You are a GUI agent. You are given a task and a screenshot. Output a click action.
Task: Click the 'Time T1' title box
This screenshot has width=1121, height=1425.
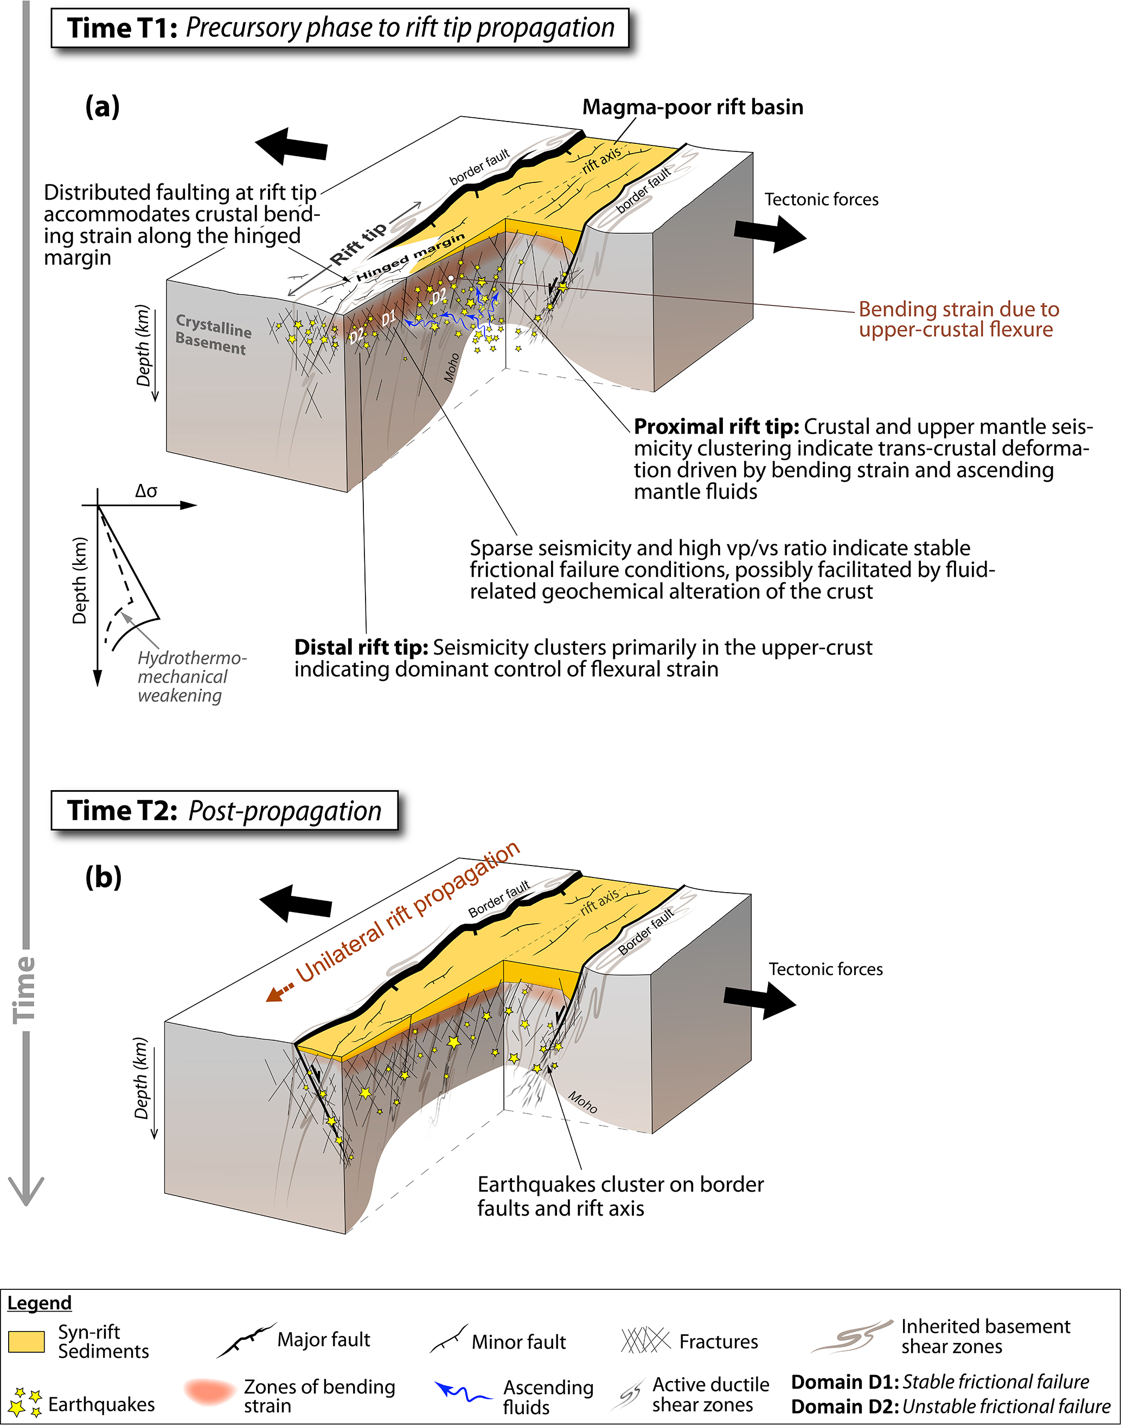coord(340,28)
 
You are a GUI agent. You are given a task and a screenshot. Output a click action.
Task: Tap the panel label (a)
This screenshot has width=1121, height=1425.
coord(103,106)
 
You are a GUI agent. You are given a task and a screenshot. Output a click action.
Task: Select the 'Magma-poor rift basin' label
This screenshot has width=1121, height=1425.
coord(693,107)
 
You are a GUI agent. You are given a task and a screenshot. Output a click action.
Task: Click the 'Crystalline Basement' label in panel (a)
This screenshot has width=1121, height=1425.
coord(213,334)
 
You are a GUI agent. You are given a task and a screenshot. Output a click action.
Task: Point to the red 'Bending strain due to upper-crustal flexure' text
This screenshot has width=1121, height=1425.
coord(958,319)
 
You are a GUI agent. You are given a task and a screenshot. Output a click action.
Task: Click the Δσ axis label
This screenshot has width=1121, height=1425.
coord(146,491)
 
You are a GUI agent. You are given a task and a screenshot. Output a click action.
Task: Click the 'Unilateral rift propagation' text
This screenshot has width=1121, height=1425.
coord(407,913)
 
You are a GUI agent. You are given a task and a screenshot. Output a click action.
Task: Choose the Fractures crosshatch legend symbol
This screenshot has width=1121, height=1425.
coord(645,1340)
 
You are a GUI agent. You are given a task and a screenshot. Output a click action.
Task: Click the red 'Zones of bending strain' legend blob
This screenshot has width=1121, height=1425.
coord(210,1392)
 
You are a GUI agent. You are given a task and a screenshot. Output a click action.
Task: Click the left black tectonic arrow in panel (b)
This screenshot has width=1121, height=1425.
coord(296,904)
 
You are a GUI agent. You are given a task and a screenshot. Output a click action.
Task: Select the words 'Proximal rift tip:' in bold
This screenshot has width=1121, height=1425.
coord(716,427)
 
